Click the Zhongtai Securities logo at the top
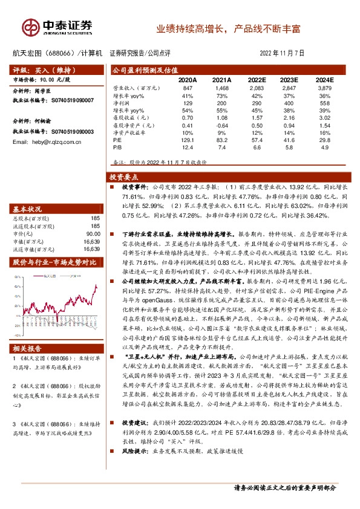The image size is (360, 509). pyautogui.click(x=57, y=26)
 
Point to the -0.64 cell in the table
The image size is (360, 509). pyautogui.click(x=221, y=124)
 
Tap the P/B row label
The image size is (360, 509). pyautogui.click(x=118, y=146)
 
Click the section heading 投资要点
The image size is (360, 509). pyautogui.click(x=123, y=177)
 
